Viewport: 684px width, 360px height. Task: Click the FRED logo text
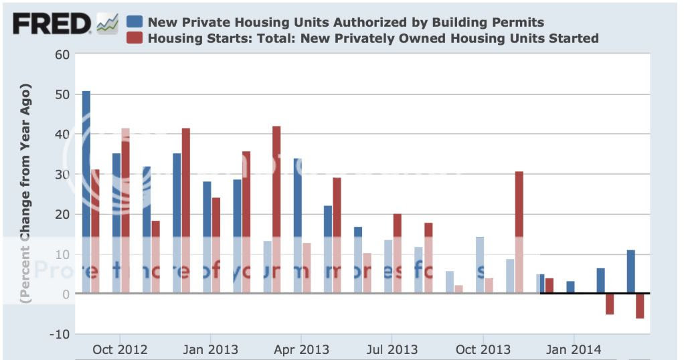52,25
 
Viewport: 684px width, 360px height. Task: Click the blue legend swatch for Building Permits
135,21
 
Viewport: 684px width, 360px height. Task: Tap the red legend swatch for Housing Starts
135,37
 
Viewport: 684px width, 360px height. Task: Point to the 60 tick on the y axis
62,54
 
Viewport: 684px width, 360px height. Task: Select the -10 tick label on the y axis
59,334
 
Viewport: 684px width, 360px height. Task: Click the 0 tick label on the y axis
66,294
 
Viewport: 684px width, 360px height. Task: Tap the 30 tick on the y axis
62,174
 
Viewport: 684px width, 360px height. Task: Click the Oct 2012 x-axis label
120,349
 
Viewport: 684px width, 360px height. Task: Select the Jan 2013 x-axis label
211,349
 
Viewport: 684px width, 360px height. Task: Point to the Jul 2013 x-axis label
393,349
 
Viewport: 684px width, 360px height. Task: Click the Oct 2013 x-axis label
483,349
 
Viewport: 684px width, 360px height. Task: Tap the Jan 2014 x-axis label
574,349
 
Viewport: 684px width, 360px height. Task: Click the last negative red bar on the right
640,306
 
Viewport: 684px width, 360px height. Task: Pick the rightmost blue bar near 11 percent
631,272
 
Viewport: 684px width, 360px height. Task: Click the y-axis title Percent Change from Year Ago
27,194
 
